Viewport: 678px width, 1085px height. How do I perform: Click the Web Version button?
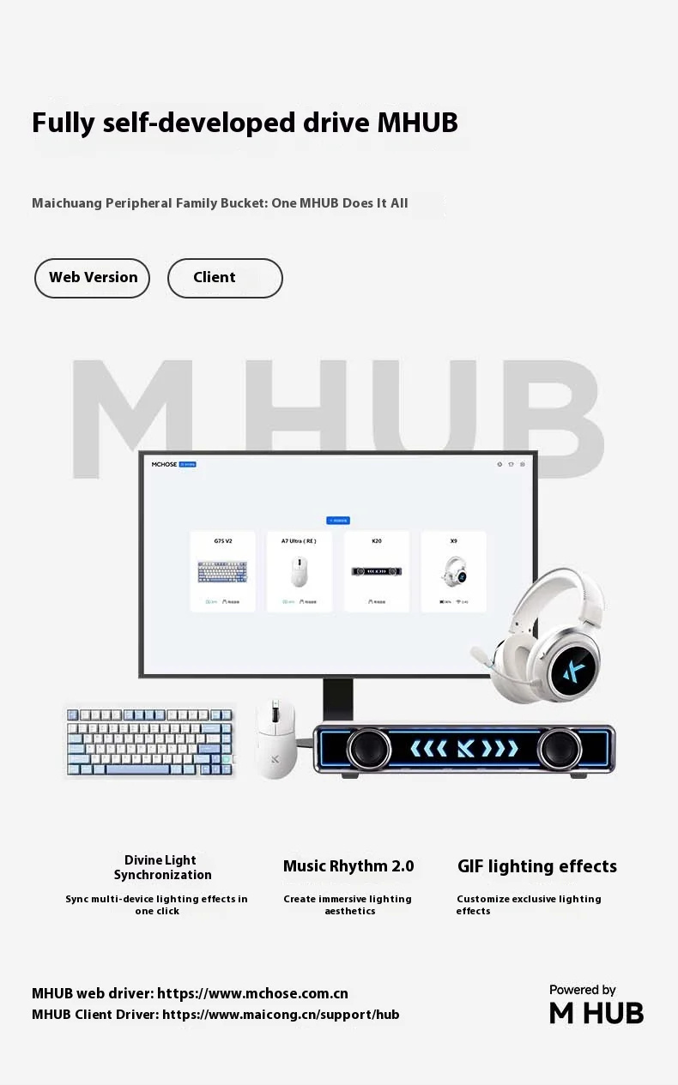[93, 278]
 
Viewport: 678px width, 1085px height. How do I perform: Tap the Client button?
[224, 278]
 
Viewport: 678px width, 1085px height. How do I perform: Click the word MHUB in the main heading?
[417, 124]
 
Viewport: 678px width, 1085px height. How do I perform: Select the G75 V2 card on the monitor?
[222, 571]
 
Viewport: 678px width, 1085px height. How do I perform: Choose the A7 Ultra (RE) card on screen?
[299, 571]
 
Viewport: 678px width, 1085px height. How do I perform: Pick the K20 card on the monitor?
[377, 571]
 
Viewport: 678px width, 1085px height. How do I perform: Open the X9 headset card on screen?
[453, 571]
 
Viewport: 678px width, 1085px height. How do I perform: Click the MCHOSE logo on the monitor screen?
[165, 464]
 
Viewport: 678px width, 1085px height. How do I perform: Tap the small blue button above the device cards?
[338, 521]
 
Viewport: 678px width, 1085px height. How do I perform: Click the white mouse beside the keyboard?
[275, 738]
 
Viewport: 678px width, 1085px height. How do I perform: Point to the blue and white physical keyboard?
[149, 740]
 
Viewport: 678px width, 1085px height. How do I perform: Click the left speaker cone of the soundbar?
[369, 749]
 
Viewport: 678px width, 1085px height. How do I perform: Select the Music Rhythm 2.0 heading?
[348, 866]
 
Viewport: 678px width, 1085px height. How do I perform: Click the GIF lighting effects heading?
[536, 866]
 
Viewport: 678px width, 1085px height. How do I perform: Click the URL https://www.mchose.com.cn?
[253, 994]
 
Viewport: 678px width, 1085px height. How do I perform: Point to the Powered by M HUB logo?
[596, 1005]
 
